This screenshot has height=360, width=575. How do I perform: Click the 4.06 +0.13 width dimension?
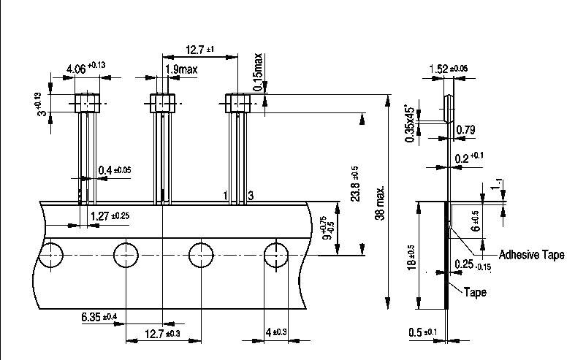pos(85,69)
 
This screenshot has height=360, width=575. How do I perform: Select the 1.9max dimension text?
pos(180,69)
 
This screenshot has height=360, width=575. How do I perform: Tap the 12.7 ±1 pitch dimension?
pos(199,50)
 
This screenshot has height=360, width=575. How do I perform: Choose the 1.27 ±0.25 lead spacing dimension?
pos(109,216)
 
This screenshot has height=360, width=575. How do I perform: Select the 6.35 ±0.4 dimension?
pos(99,316)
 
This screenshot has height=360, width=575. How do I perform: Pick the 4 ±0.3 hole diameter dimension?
pos(277,334)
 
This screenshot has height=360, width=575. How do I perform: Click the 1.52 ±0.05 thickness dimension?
pos(449,69)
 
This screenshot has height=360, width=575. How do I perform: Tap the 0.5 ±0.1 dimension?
pos(423,334)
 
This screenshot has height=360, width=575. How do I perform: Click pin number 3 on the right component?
pos(251,196)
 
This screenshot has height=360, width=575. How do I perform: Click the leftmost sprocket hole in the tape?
pos(50,256)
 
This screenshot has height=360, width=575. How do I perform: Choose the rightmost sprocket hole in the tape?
pos(276,256)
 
